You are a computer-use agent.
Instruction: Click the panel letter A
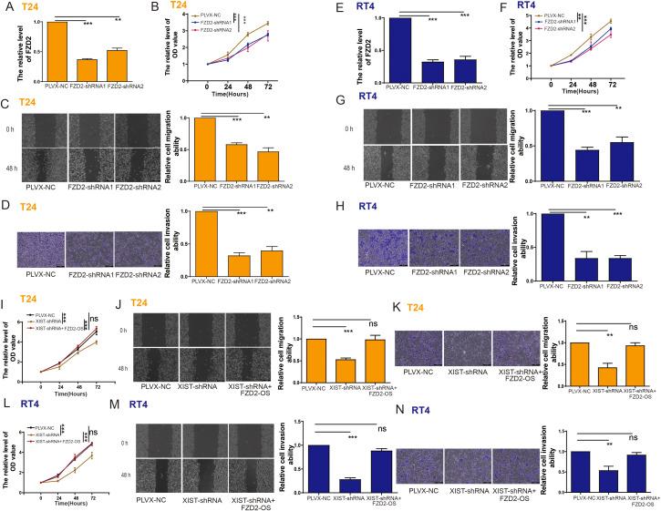coord(8,6)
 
